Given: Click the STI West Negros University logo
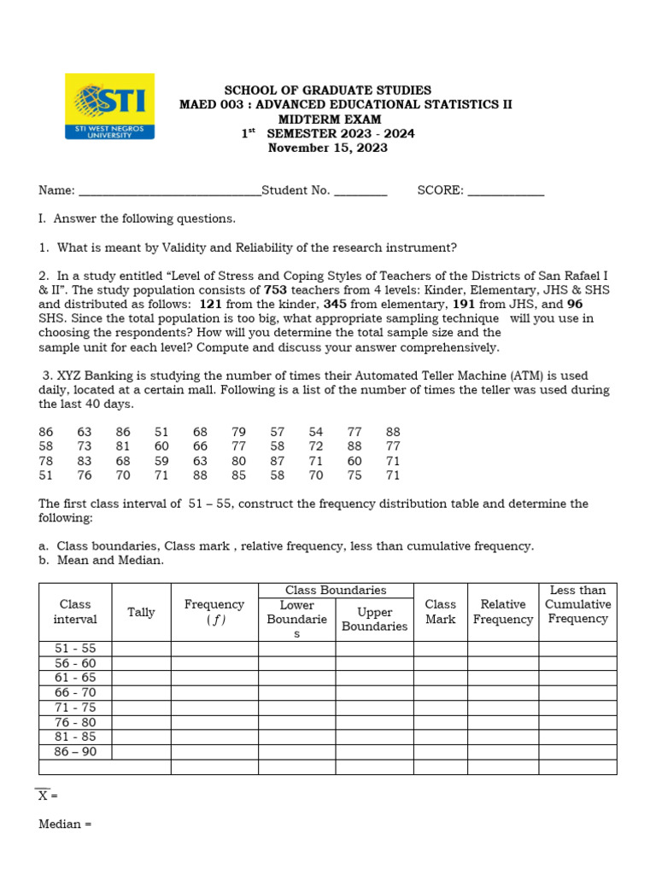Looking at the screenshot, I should point(110,107).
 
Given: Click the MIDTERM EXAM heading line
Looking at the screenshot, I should point(327,119).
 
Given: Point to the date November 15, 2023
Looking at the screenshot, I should point(327,148).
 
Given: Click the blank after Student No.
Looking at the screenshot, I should point(360,192).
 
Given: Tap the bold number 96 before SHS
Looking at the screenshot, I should point(575,304).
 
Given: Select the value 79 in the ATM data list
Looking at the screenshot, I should point(238,432).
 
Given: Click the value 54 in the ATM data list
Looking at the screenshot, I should point(316,432).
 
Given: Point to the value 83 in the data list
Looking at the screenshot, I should point(85,461).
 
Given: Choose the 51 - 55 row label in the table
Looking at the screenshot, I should point(75,649).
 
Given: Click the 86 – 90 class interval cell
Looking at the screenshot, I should point(75,752).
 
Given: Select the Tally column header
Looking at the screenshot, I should point(141,612).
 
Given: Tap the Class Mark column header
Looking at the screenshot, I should point(440,612).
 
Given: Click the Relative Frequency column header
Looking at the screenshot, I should point(502,612).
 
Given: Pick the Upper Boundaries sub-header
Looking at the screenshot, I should point(374,619).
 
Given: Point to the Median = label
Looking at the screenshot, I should point(65,824).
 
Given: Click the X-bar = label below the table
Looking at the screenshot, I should point(47,795).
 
